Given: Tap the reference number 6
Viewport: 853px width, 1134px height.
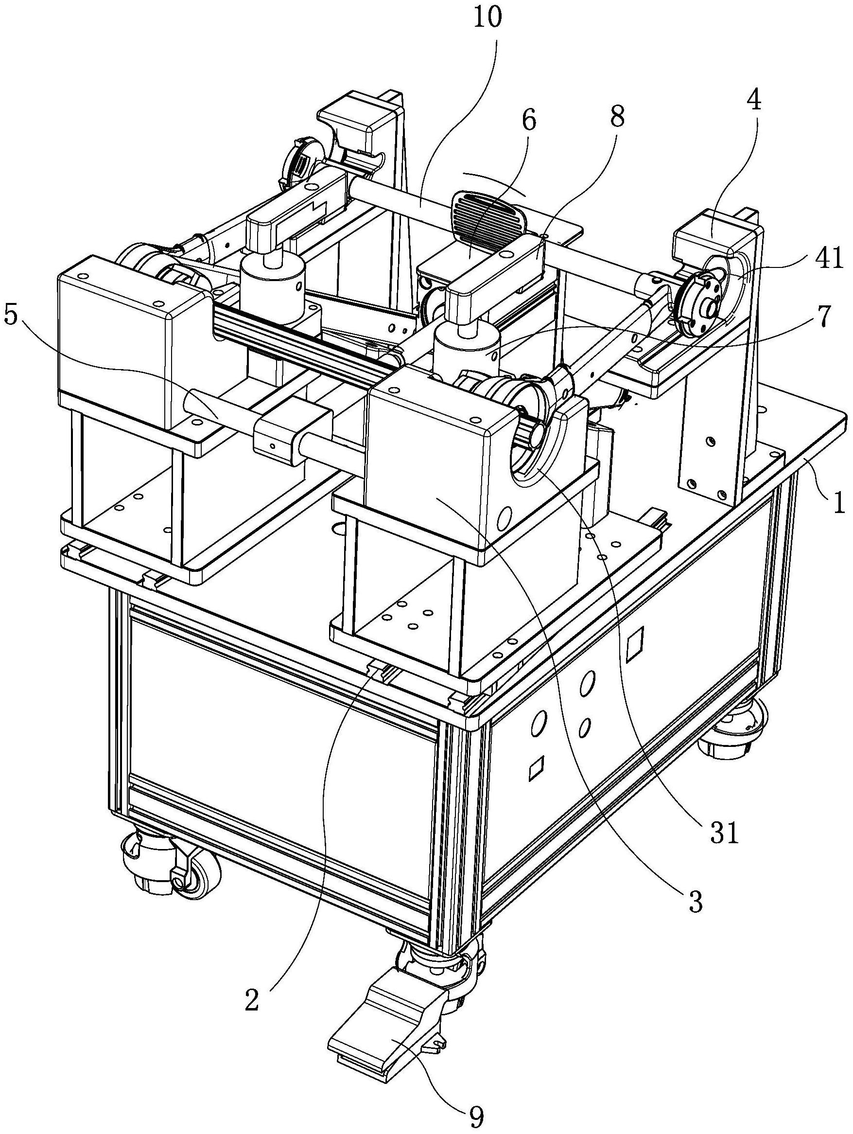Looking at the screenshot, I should click(528, 121).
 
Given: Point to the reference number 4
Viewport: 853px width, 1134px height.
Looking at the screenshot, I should click(753, 102).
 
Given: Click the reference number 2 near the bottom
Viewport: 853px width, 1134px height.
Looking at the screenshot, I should click(252, 1001).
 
